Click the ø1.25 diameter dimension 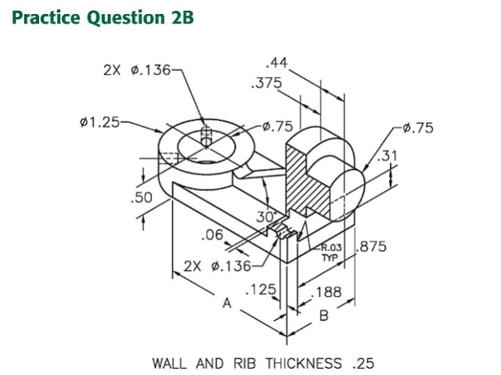[x=100, y=123]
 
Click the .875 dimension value [x=372, y=248]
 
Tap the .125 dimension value [x=261, y=291]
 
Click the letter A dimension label [x=228, y=303]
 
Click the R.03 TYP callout [x=332, y=252]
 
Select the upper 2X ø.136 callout [x=137, y=70]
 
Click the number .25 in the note [x=363, y=363]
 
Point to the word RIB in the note [x=245, y=363]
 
